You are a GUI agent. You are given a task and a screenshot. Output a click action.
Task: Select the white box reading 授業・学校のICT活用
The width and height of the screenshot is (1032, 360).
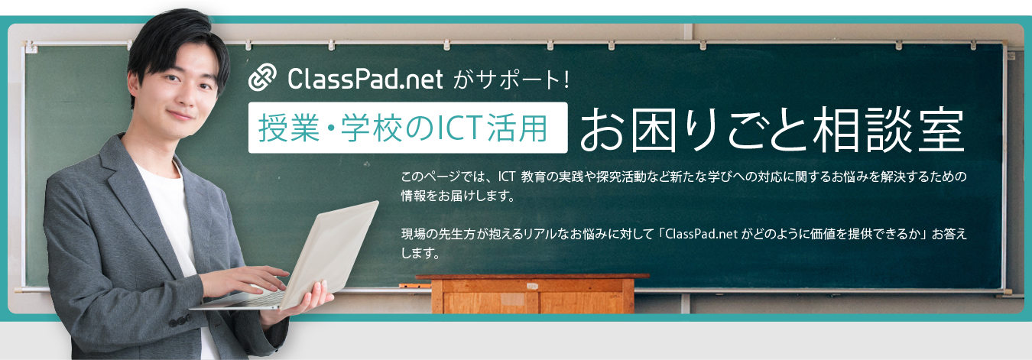[x=407, y=128]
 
